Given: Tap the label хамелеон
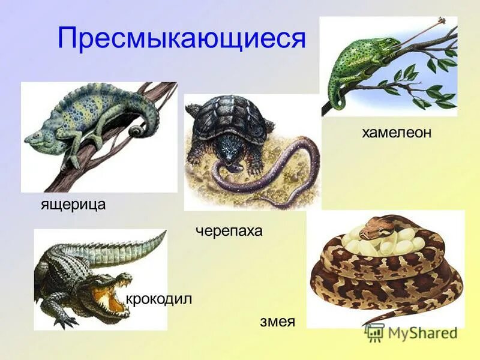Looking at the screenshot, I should point(396,133).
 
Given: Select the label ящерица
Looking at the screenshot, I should point(73,205).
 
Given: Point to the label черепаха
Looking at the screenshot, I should point(229,231).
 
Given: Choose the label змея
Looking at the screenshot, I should point(277,322).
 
